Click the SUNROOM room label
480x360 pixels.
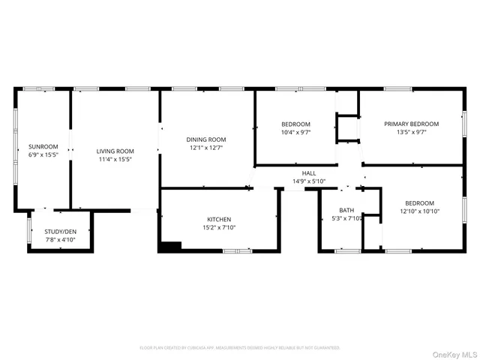43,146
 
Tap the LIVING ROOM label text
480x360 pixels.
115,151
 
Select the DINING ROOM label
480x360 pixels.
206,139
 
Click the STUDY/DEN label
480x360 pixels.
61,231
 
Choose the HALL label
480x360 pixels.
309,172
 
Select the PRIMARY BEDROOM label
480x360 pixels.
412,124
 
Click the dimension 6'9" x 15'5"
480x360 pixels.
43,154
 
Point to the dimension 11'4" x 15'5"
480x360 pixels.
115,159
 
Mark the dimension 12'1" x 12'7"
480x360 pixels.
206,148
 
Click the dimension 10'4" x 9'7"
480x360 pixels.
295,132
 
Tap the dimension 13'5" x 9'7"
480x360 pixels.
412,132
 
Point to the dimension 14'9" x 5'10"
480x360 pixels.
309,181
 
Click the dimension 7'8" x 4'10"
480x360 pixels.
61,239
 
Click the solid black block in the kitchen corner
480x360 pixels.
171,245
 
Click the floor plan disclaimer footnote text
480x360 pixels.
240,348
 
